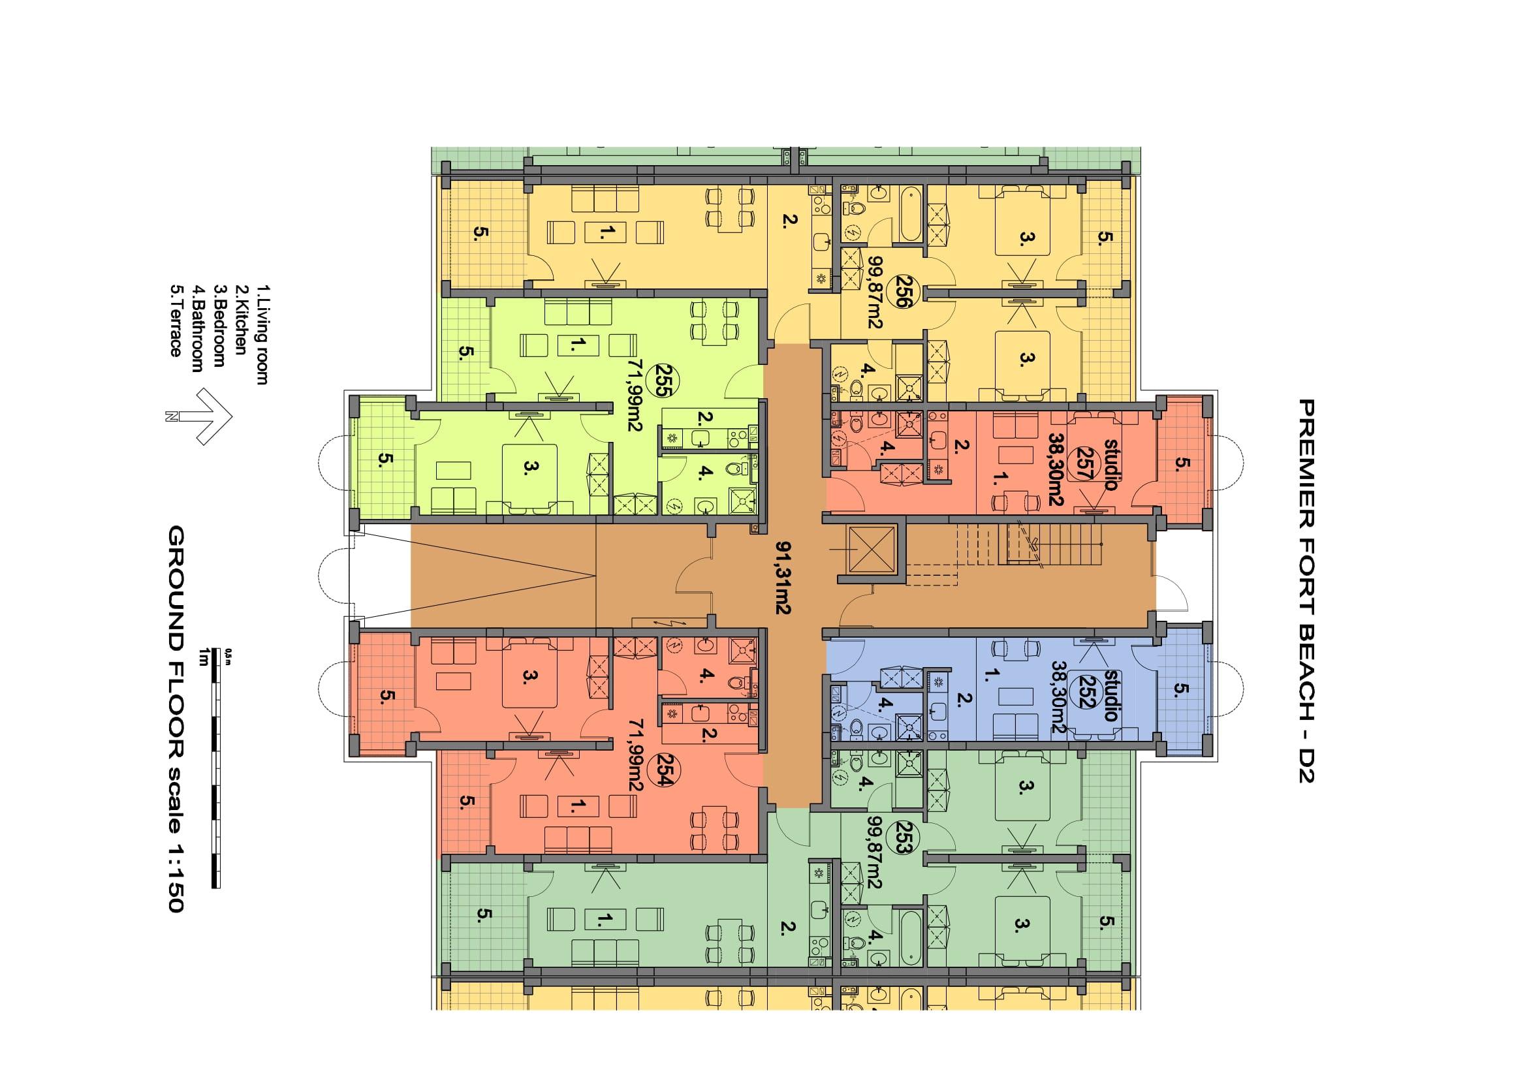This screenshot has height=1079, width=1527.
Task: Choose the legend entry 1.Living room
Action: (262, 334)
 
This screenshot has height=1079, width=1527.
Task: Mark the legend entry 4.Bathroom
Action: (198, 328)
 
